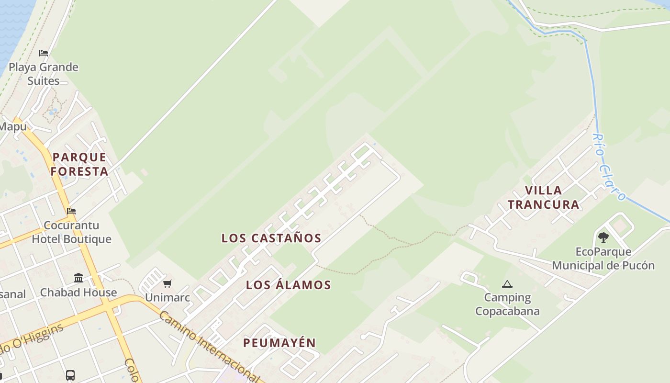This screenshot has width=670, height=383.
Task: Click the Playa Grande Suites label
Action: click(x=43, y=74)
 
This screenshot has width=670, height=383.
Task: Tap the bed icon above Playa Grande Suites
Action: click(x=44, y=53)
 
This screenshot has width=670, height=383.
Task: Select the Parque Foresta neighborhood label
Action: click(x=79, y=164)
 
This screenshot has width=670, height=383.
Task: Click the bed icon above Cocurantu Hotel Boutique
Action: click(x=71, y=211)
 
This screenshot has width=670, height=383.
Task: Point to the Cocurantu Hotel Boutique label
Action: click(x=71, y=232)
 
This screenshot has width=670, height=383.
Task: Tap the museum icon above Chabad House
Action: click(x=78, y=278)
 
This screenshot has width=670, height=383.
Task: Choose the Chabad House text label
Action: click(x=78, y=293)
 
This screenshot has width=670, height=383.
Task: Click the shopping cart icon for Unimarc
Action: click(x=167, y=283)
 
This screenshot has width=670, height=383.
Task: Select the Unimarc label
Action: click(x=167, y=297)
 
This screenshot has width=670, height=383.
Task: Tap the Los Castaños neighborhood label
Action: click(x=271, y=238)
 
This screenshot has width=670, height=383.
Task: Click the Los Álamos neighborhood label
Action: click(x=289, y=285)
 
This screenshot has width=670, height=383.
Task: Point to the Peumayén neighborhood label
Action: click(x=279, y=343)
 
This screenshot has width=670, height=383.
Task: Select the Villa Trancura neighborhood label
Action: click(x=544, y=197)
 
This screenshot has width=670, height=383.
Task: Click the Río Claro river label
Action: click(x=609, y=167)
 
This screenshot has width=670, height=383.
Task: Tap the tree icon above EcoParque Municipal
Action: click(x=603, y=237)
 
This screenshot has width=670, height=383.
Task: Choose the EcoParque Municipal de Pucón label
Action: click(x=603, y=259)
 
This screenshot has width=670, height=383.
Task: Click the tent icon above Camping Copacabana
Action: click(x=507, y=284)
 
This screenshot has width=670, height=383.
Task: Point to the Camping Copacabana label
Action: click(x=507, y=304)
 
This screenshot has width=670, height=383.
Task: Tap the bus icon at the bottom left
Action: click(x=70, y=375)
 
